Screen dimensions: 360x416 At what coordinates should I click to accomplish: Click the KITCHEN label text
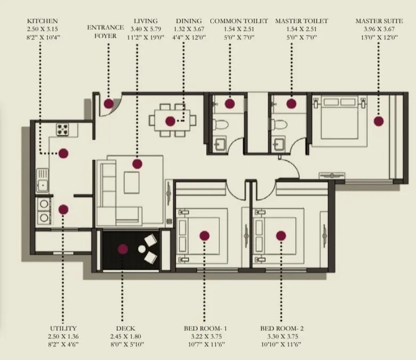tap(42, 21)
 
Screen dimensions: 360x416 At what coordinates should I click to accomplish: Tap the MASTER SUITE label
tap(379, 21)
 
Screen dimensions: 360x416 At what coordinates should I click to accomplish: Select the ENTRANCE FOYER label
tap(106, 31)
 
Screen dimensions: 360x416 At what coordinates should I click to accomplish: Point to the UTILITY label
tap(63, 329)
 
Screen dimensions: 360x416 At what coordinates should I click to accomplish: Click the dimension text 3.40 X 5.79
tap(137, 29)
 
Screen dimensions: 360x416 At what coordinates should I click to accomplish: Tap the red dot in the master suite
tap(378, 121)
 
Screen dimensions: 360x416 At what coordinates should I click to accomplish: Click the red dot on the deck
tap(123, 248)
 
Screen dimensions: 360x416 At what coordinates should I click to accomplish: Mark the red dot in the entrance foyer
tap(108, 104)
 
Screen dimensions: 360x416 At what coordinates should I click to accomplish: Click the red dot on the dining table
tap(170, 121)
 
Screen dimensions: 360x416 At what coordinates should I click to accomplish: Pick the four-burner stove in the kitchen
tap(63, 128)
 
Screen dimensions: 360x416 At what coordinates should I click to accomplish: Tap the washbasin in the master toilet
tap(279, 143)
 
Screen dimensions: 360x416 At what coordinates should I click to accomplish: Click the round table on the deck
tap(142, 248)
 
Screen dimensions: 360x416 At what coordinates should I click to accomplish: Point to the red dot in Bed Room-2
tap(281, 236)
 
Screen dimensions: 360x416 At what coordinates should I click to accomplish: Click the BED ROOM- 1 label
tap(205, 329)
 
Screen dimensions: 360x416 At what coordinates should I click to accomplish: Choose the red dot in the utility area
tap(63, 209)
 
